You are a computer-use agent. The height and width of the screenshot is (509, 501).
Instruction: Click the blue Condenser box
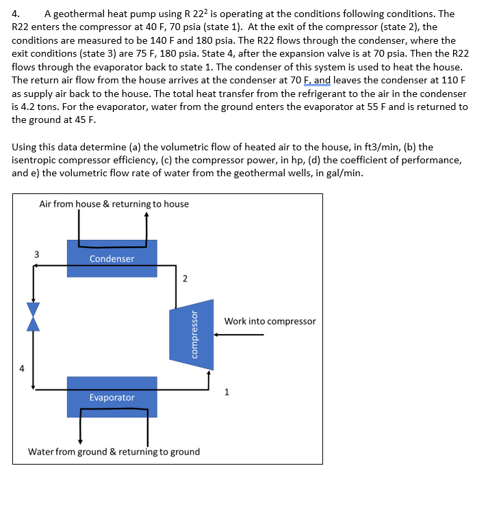point(112,258)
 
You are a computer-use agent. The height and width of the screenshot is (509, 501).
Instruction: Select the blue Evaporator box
point(112,397)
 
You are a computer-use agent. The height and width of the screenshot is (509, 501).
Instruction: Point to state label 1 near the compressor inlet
point(227,392)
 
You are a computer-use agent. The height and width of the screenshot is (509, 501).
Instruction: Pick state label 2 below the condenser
point(184,278)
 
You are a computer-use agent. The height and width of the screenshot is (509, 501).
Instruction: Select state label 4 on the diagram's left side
point(21,369)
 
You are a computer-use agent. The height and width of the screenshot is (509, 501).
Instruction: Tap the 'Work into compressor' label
point(270,321)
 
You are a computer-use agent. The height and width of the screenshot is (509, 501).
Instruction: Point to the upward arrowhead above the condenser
point(146,214)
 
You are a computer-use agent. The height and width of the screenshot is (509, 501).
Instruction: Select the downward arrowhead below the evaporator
point(81,441)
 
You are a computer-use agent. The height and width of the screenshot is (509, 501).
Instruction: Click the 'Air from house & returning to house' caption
point(114,204)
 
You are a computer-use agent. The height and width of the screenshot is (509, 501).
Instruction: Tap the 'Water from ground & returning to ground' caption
point(114,452)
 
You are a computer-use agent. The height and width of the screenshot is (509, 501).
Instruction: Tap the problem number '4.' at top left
point(17,14)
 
